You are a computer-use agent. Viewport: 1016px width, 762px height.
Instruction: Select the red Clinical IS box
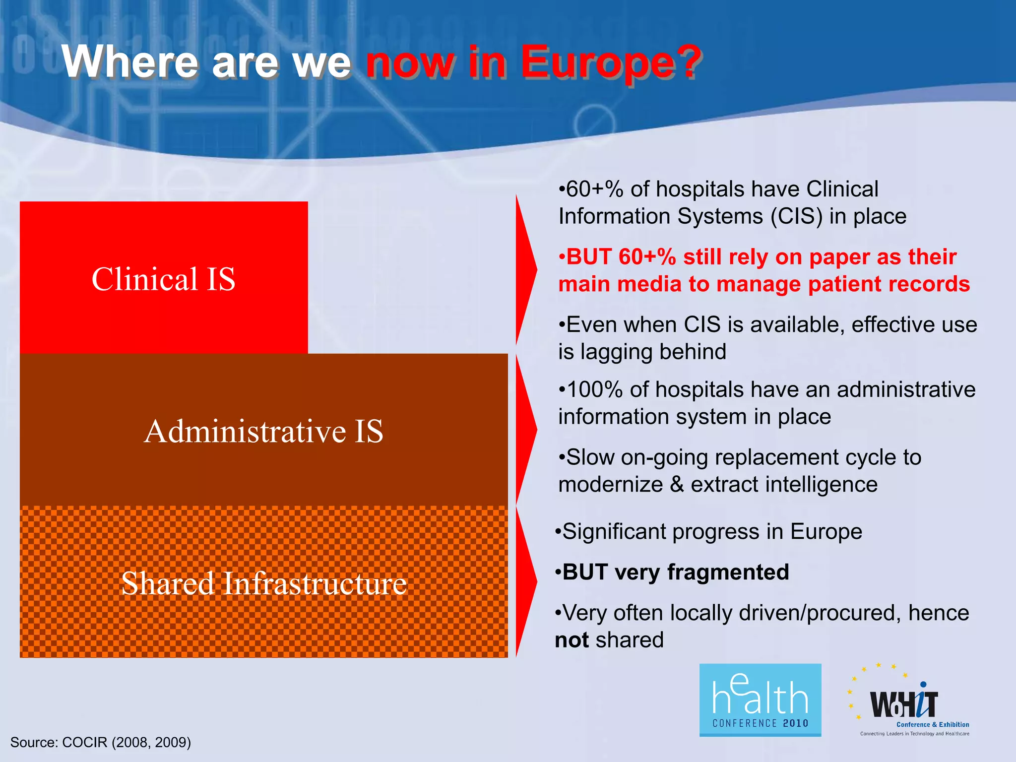pos(164,278)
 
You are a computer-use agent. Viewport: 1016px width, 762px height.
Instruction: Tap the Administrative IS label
pos(263,431)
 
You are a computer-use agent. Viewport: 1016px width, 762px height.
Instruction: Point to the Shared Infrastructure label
pos(263,583)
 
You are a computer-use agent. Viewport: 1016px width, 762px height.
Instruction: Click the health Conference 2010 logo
pos(760,699)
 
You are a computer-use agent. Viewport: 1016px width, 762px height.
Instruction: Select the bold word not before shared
pos(571,640)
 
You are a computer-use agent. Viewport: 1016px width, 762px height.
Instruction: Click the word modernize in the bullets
pos(610,485)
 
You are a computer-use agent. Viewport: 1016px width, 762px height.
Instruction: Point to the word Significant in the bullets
pos(614,532)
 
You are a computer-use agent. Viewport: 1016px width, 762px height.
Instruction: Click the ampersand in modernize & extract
pos(677,485)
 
